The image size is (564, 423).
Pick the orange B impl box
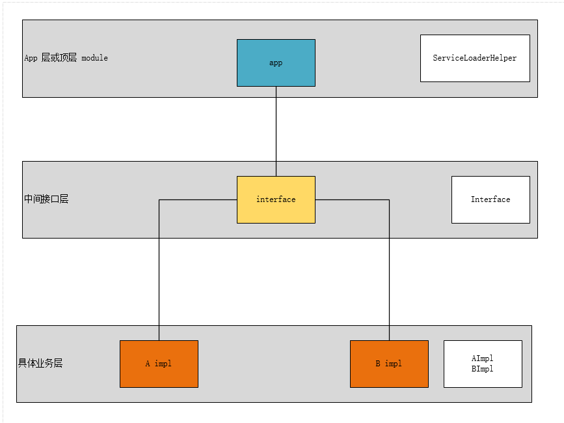click(389, 375)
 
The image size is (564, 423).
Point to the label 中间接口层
click(46, 199)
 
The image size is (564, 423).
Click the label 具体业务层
click(40, 364)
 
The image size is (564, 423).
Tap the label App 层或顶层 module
click(66, 58)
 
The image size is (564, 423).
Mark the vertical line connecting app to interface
click(276, 130)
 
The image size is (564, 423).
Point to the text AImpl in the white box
click(483, 358)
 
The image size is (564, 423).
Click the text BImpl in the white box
click(483, 369)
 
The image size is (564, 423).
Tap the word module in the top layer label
click(94, 58)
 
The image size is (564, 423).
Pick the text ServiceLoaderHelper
click(475, 58)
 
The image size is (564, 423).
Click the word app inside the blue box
click(276, 63)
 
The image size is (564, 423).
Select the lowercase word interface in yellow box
click(276, 199)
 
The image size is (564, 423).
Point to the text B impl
click(389, 364)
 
